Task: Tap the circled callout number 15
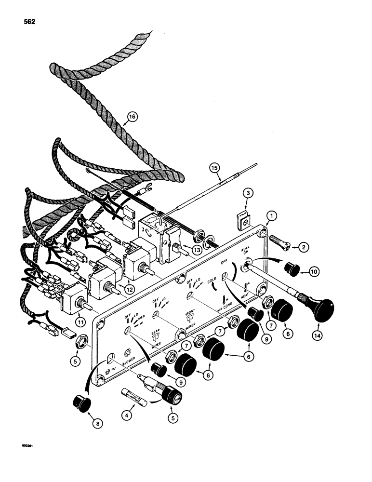(x=215, y=169)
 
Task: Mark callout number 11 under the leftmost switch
(x=80, y=320)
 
